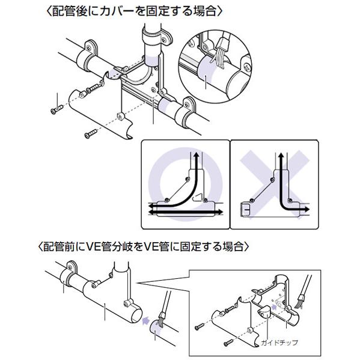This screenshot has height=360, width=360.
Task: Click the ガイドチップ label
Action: (x=279, y=343)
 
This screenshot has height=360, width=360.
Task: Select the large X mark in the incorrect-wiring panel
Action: (x=275, y=184)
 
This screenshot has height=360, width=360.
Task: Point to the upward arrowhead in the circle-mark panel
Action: (x=197, y=155)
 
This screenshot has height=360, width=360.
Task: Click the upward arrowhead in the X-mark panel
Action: (x=281, y=156)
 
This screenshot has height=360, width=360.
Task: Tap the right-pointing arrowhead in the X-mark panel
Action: (x=307, y=209)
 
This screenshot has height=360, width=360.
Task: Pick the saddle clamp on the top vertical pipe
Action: (x=156, y=36)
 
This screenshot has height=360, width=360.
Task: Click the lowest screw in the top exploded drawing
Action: (x=91, y=133)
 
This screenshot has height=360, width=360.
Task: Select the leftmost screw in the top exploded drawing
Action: (x=56, y=109)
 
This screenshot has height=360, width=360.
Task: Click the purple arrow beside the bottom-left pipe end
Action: (x=145, y=320)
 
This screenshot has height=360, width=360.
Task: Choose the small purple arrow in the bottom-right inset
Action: (x=274, y=306)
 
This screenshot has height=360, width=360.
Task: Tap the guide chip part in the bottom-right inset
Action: (x=264, y=311)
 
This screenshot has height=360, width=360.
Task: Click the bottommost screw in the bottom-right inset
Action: (x=228, y=343)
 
